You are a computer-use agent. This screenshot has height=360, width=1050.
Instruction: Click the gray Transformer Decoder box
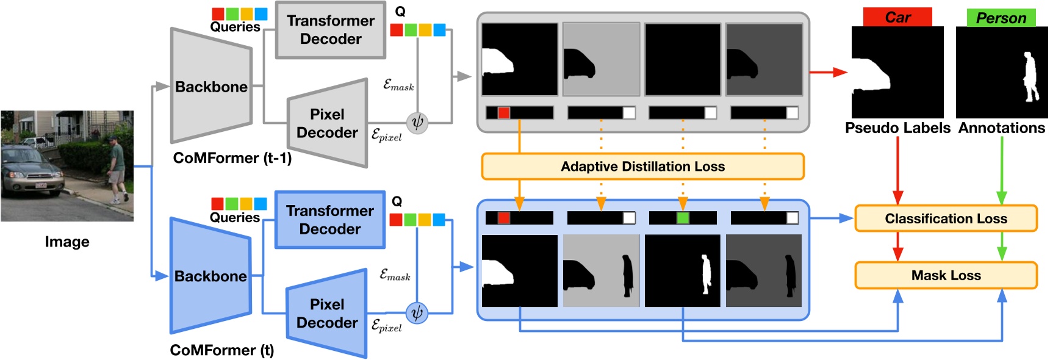click(x=330, y=30)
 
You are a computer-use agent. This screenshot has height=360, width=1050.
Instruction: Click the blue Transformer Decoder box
click(x=329, y=220)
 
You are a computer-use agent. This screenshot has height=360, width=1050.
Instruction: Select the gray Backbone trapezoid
click(x=211, y=87)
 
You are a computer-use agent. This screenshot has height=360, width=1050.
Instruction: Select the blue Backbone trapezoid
click(x=210, y=276)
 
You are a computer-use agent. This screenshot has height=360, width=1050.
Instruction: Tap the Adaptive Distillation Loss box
click(x=642, y=167)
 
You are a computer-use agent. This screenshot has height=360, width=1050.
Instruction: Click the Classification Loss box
click(x=946, y=218)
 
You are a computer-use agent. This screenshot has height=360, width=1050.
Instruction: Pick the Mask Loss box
click(x=946, y=275)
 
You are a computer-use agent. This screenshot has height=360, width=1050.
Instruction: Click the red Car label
click(x=897, y=18)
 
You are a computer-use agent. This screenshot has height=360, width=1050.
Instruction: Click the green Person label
click(x=1001, y=18)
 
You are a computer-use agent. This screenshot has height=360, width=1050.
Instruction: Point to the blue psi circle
click(x=417, y=314)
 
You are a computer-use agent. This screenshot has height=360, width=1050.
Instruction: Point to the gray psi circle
click(x=417, y=123)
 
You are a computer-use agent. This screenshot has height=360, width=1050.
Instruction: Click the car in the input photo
click(x=27, y=174)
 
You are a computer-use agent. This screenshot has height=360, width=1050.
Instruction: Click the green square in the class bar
click(x=683, y=218)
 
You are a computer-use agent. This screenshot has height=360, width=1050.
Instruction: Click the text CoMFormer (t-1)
click(x=232, y=158)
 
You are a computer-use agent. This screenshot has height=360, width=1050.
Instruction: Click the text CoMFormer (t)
click(x=222, y=350)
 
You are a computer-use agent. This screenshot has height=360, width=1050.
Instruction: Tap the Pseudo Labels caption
click(x=897, y=128)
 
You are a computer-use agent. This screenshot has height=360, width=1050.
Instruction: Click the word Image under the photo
click(x=67, y=242)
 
